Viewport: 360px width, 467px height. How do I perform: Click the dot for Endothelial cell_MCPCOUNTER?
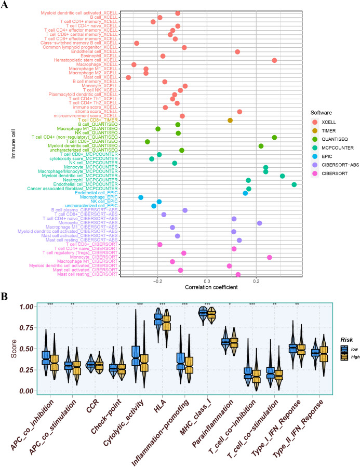pos(294,184)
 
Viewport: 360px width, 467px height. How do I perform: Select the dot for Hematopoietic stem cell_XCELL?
pos(274,60)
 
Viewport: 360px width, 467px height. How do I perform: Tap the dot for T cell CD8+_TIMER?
pos(230,120)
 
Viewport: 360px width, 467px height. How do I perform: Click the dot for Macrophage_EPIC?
pos(141,197)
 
